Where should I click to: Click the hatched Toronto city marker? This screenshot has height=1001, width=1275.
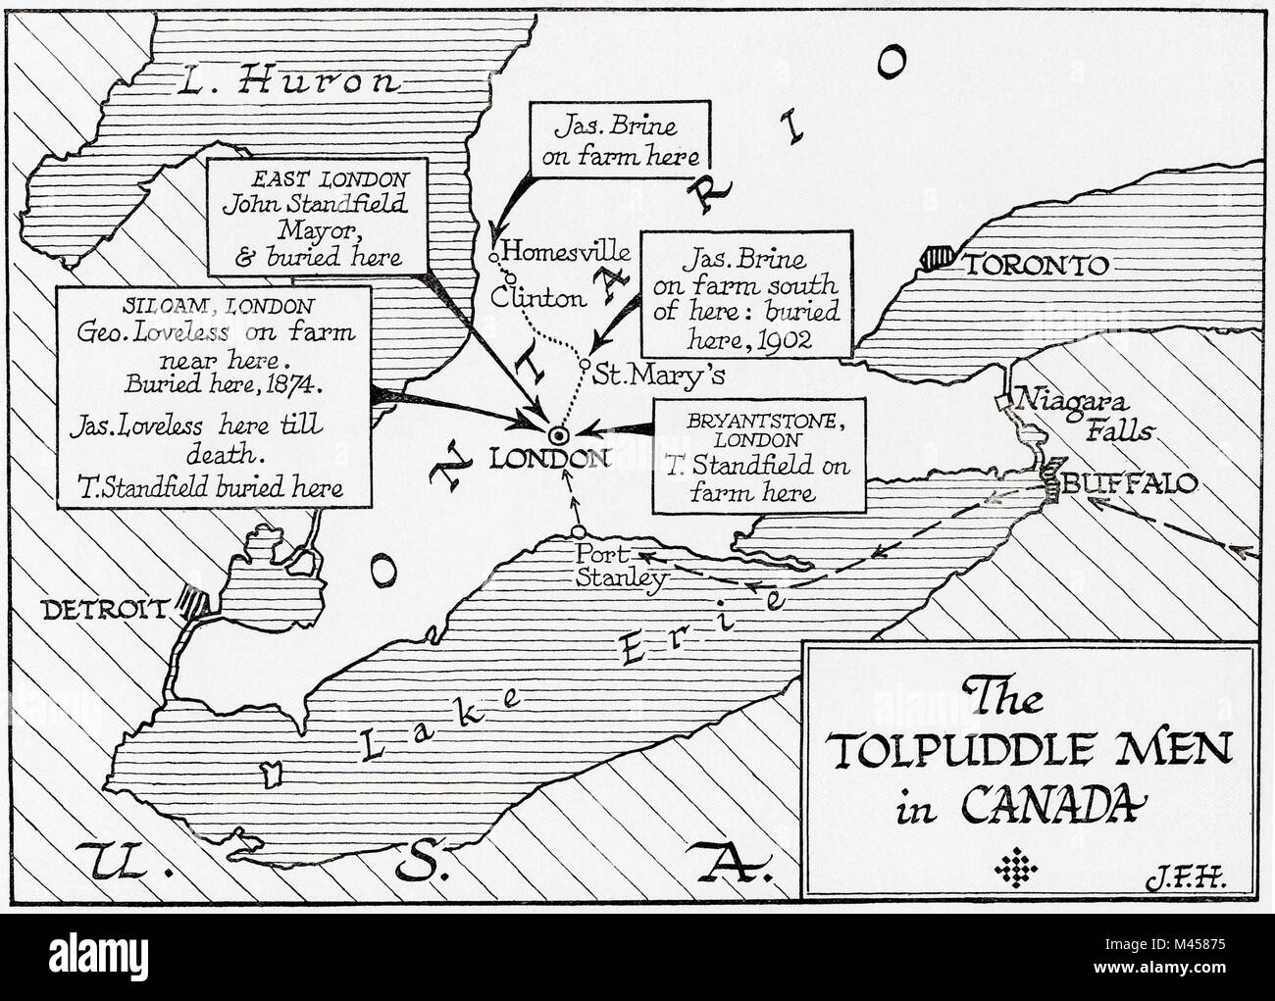938,260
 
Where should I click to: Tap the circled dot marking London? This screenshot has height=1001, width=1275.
557,434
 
